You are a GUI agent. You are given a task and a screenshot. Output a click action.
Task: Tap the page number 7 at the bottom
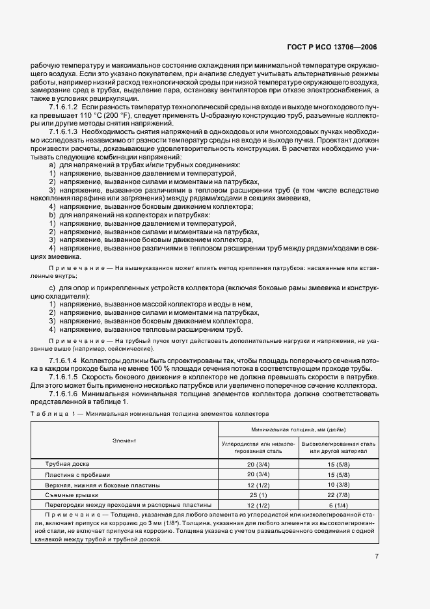pyautogui.click(x=377, y=556)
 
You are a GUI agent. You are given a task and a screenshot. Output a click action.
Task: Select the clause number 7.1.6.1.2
pyautogui.click(x=64, y=106)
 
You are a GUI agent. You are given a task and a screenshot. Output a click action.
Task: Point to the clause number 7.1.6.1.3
pyautogui.click(x=64, y=132)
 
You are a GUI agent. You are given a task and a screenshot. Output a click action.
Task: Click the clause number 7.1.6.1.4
pyautogui.click(x=64, y=360)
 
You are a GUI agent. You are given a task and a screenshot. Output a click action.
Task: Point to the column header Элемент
pyautogui.click(x=124, y=440)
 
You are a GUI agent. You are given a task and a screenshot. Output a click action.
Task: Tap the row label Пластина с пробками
pyautogui.click(x=74, y=474)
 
